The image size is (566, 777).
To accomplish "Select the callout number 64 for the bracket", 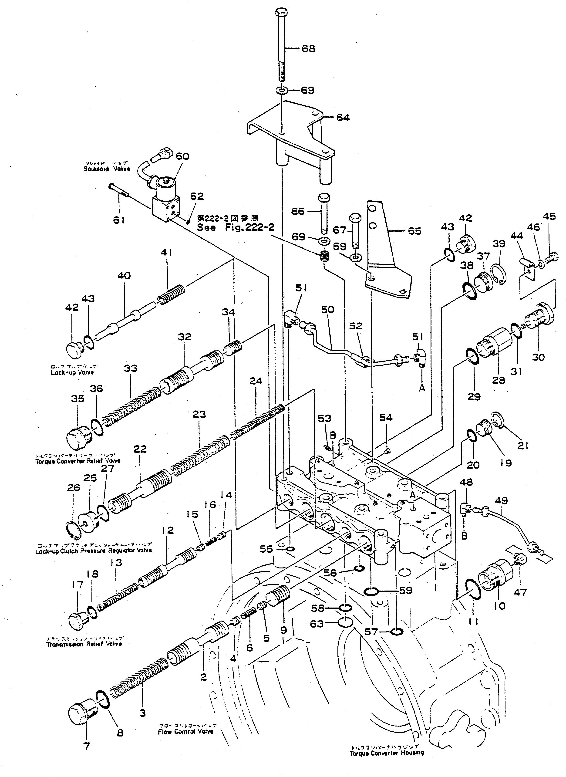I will click(x=343, y=118).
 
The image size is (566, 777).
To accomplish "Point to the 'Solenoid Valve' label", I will click(x=107, y=169).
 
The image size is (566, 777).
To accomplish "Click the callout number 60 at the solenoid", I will click(x=182, y=156).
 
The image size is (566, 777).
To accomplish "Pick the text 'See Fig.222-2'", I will click(x=235, y=227).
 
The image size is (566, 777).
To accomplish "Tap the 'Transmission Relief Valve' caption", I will click(x=84, y=644).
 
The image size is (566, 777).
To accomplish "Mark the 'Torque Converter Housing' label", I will click(x=387, y=753).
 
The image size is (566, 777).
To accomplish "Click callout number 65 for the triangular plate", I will click(x=414, y=231).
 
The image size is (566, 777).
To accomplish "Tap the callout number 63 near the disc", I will click(x=316, y=624).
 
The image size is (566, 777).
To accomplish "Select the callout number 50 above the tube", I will click(x=327, y=309).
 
